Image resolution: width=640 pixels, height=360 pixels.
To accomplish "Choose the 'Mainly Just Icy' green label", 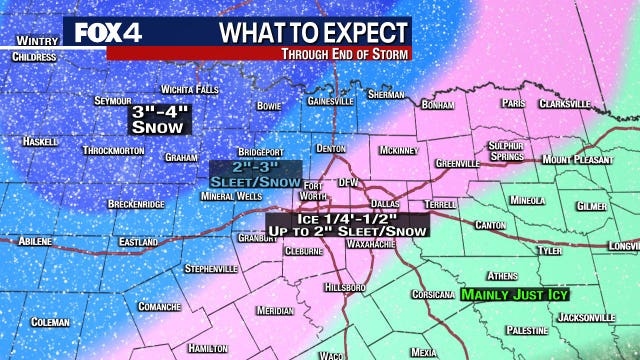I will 506,295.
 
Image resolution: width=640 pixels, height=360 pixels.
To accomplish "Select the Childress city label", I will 35,57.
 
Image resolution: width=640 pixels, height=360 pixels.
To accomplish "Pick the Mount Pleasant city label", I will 576,159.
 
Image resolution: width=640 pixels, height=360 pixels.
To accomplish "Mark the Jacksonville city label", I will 586,317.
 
